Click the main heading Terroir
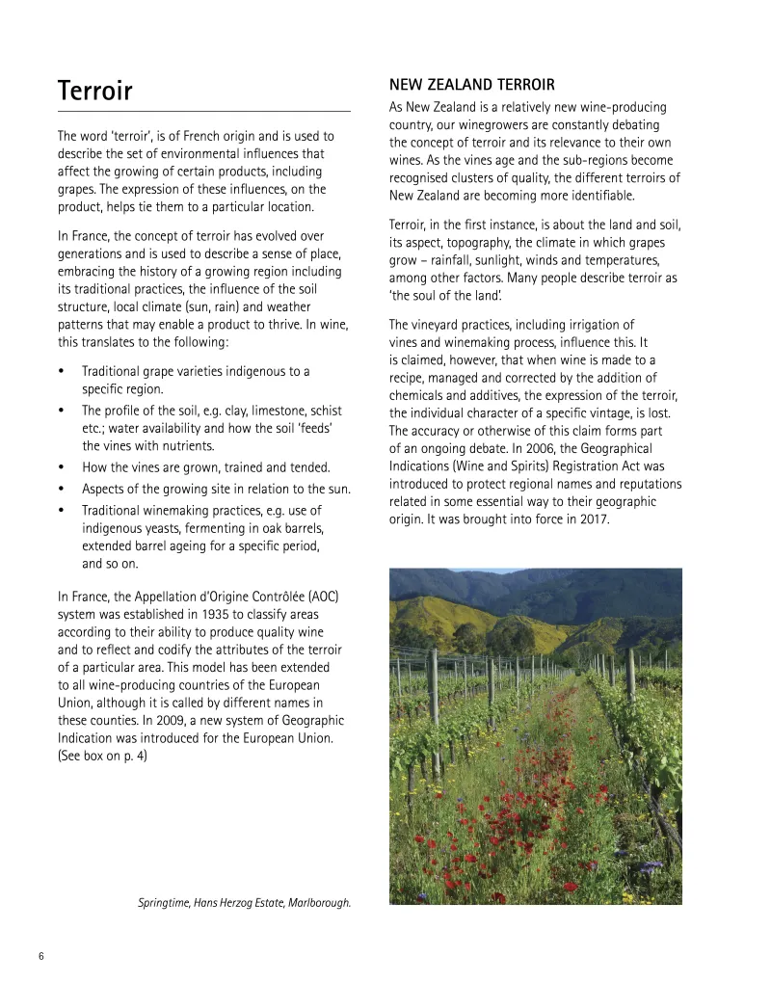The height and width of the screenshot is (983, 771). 94,91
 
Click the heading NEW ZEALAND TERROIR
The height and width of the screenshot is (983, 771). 471,85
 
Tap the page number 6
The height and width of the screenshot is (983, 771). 41,956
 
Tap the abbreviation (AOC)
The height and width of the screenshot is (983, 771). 318,596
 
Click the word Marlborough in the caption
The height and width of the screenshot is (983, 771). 317,903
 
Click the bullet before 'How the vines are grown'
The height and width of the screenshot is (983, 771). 62,467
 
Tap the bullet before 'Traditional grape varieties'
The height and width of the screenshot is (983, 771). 62,371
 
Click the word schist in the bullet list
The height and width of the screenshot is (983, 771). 328,410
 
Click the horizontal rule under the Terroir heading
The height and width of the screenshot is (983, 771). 203,112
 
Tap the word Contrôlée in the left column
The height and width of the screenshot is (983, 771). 282,596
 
